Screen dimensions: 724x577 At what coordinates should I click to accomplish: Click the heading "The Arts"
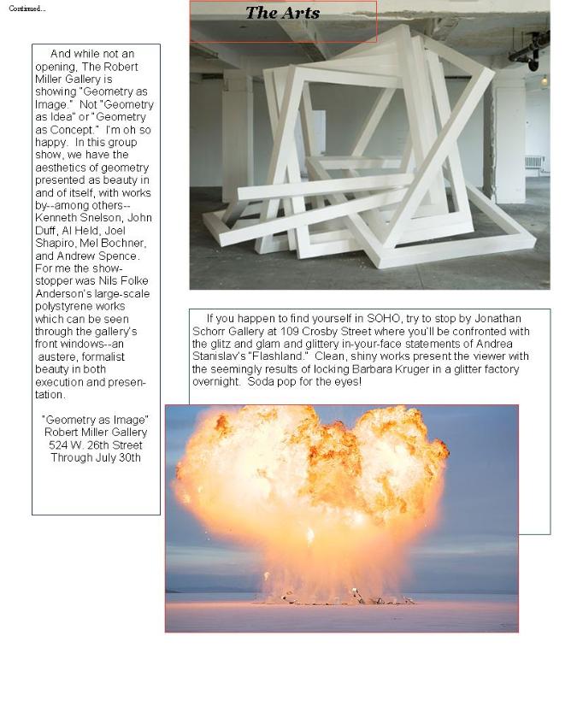click(x=282, y=13)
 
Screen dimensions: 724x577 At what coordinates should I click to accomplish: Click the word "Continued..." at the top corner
click(x=27, y=9)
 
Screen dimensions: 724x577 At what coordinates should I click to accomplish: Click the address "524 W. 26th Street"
click(x=95, y=445)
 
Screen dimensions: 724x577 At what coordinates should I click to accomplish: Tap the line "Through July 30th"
click(x=95, y=458)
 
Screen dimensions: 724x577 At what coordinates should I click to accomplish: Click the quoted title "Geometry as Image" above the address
click(x=95, y=421)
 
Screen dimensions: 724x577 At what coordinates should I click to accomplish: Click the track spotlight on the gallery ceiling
click(x=532, y=58)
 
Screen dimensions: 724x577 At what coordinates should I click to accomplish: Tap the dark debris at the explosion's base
click(x=342, y=600)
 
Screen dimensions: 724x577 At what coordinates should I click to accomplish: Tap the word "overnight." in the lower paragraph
click(x=216, y=382)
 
